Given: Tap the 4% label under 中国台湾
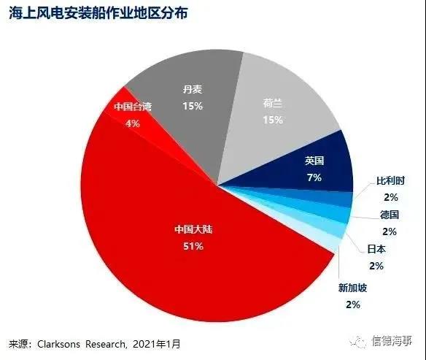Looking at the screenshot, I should (x=133, y=123).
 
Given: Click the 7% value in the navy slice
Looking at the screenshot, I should (x=314, y=177).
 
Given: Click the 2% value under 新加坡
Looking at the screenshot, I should (x=353, y=305).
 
